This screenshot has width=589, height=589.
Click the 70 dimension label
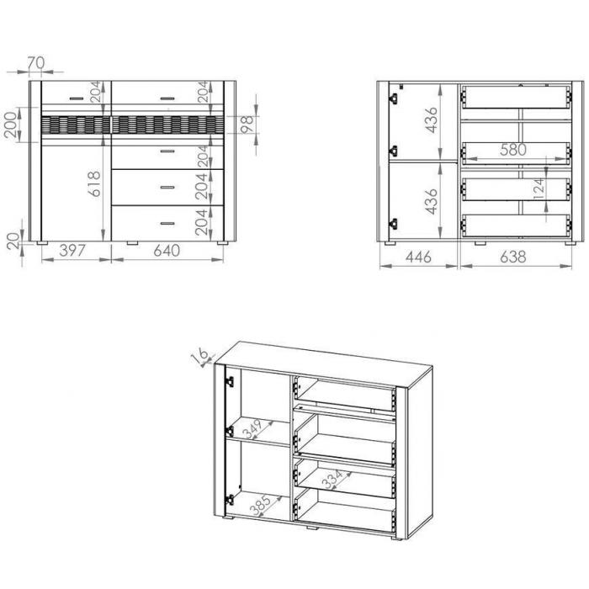pos(36,63)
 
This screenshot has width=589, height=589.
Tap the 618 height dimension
pos(94,183)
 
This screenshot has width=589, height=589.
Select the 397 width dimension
pos(72,251)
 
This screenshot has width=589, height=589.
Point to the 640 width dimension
pos(167,251)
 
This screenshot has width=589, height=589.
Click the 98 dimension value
pos(247,125)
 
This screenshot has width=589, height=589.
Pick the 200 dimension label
pos(10,125)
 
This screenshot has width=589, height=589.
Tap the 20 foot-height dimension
pos(13,241)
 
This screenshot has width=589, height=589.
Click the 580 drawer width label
pos(513,150)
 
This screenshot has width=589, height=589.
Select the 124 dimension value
pos(539,188)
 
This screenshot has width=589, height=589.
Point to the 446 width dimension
pos(418,257)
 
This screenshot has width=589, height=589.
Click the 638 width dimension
pos(513,257)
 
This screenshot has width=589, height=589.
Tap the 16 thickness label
pos(199,355)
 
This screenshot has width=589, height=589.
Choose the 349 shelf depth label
pos(252,429)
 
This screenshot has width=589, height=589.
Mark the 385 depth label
pos(260,505)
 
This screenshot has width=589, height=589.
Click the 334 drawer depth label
pos(332,480)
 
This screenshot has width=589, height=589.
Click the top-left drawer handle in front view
pos(77,98)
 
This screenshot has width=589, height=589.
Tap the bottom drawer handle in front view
pos(167,224)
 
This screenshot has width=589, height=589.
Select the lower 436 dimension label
pos(432,201)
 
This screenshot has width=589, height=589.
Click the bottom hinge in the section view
pos(393,225)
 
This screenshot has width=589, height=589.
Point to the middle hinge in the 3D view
pos(229,431)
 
